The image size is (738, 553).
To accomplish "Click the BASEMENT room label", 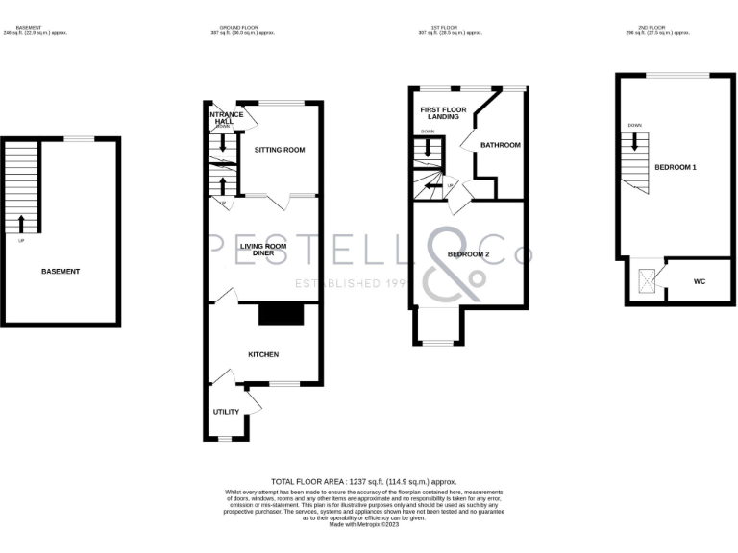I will coord(61,272).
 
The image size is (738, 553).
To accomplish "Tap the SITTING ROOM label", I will coord(280,151).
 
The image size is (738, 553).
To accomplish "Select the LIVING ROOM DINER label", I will coord(263,250).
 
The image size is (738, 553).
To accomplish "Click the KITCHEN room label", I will coord(263,354).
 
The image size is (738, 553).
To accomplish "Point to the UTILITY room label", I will coord(227,411).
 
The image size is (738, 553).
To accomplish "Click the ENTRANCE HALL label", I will coord(224,118).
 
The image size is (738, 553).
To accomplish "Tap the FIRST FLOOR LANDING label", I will coord(442,113).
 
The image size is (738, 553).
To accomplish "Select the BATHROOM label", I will coord(500,145).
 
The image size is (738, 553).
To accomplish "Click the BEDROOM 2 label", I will coord(469,254).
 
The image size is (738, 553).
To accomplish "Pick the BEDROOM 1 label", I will coord(676,167).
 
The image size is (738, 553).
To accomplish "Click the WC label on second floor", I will coord(699,282).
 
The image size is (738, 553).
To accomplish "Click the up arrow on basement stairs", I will coord(22,225).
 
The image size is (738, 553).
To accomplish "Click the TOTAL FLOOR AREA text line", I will coord(363,481).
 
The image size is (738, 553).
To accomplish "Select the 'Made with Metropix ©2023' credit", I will coord(363,525).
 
